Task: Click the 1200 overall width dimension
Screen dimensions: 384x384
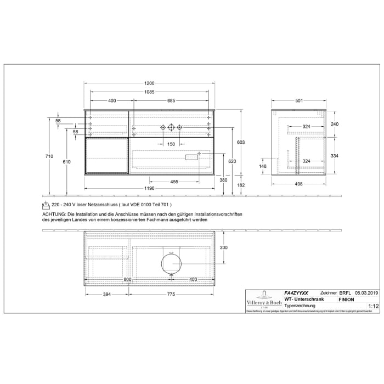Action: click(x=149, y=83)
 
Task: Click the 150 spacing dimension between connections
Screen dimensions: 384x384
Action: click(x=171, y=144)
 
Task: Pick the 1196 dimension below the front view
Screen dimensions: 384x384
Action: click(x=149, y=189)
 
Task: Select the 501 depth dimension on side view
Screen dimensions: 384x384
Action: click(x=300, y=100)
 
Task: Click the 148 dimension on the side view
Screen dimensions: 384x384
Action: click(x=263, y=167)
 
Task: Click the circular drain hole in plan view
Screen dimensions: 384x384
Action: click(x=171, y=262)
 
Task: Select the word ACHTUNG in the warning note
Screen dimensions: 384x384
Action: click(x=54, y=213)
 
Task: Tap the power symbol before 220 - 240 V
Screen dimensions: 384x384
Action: click(x=47, y=206)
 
